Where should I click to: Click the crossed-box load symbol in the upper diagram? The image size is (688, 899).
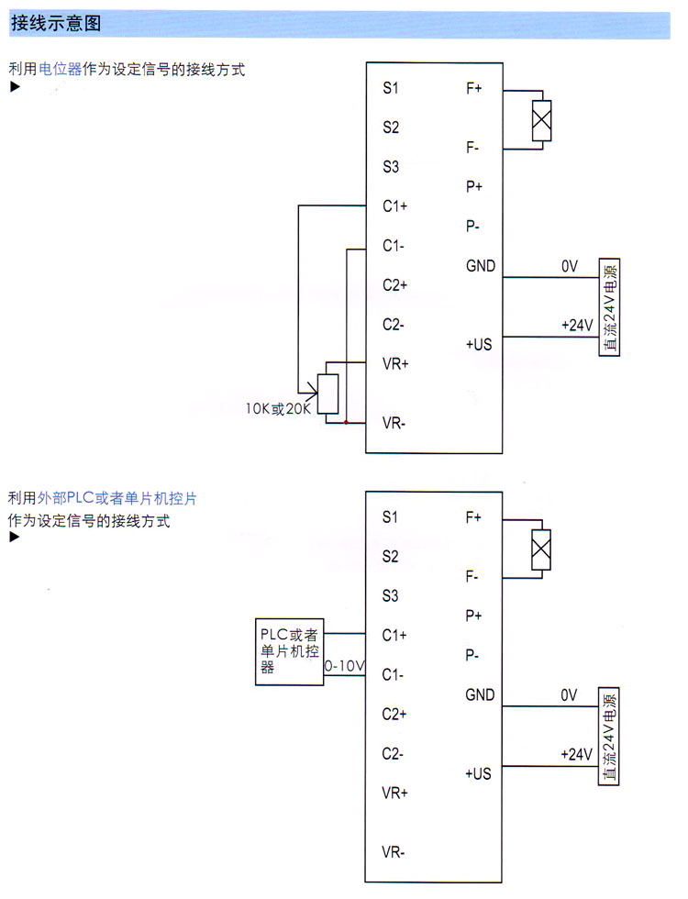[542, 120]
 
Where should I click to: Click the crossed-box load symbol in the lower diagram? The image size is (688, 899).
[542, 549]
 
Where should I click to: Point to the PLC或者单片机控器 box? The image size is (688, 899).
[289, 651]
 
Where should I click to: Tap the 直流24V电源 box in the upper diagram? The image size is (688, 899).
[609, 307]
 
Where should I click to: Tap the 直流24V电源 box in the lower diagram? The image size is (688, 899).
[609, 736]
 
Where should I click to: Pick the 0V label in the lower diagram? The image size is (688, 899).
[569, 695]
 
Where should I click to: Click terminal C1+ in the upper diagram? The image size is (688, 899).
[395, 206]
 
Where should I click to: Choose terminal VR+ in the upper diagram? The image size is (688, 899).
[395, 364]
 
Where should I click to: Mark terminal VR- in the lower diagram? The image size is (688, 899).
[394, 852]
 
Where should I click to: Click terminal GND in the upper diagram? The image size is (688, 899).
[481, 267]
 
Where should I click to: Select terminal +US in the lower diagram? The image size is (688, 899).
[479, 773]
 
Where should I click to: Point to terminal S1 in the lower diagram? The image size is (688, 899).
[391, 517]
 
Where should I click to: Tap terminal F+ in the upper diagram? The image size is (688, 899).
[474, 89]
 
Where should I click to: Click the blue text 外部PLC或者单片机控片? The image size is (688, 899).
[117, 499]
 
